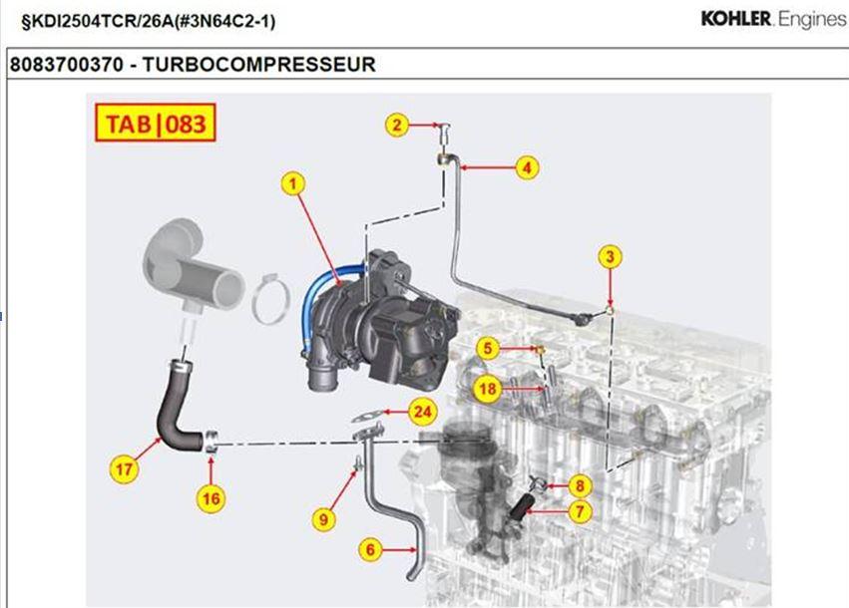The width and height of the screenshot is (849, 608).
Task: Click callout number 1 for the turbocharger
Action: [292, 182]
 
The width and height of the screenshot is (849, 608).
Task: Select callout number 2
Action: [398, 125]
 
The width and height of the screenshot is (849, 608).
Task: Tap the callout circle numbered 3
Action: [611, 257]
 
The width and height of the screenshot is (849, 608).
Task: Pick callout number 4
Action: [527, 167]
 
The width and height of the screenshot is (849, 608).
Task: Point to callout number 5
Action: [487, 348]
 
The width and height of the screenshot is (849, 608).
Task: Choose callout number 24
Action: [424, 411]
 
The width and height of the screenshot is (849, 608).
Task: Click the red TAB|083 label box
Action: [155, 124]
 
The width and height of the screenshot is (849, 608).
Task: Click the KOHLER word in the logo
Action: [735, 19]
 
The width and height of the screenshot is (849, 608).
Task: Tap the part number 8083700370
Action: [68, 65]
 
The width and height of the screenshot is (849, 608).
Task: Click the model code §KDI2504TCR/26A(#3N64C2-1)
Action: [141, 20]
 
